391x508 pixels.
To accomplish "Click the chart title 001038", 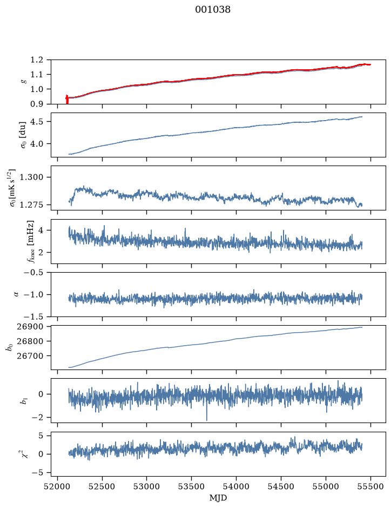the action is click(212, 10).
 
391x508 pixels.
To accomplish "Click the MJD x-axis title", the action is click(218, 498).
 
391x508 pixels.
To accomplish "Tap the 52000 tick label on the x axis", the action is click(58, 486).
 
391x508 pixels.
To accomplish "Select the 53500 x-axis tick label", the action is click(192, 486).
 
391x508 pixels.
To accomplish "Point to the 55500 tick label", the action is click(370, 486).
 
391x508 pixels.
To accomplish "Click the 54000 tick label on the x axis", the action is click(236, 486).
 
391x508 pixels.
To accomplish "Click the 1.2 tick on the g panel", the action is click(37, 60).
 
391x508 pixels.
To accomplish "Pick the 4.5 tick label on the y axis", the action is click(37, 122).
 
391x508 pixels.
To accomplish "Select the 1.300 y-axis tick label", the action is click(31, 177).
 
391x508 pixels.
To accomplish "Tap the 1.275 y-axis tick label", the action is click(31, 204).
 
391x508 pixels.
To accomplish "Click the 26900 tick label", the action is click(29, 327).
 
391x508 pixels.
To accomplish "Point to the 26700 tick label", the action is click(29, 356).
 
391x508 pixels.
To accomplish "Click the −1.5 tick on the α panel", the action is click(33, 316).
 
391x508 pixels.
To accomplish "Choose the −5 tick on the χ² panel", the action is click(37, 473).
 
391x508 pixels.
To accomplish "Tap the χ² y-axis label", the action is click(25, 453).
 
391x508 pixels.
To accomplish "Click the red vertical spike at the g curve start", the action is click(67, 100).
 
